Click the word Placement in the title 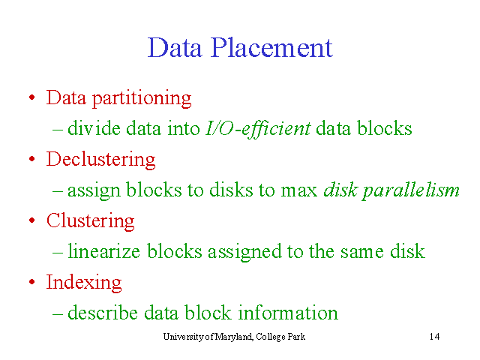pyautogui.click(x=271, y=48)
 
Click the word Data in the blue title pyautogui.click(x=175, y=48)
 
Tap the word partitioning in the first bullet pyautogui.click(x=142, y=99)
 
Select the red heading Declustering pyautogui.click(x=101, y=160)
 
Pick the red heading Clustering pyautogui.click(x=91, y=221)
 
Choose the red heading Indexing pyautogui.click(x=84, y=283)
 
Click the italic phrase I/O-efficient pyautogui.click(x=258, y=128)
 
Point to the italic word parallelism pyautogui.click(x=411, y=191)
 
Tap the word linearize pyautogui.click(x=103, y=251)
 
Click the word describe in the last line pyautogui.click(x=103, y=313)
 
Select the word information pyautogui.click(x=288, y=313)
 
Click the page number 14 pyautogui.click(x=435, y=337)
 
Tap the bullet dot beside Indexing pyautogui.click(x=31, y=282)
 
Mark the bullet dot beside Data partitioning pyautogui.click(x=31, y=97)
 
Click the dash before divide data pyautogui.click(x=58, y=130)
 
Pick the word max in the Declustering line pyautogui.click(x=299, y=191)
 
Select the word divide pyautogui.click(x=94, y=128)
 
